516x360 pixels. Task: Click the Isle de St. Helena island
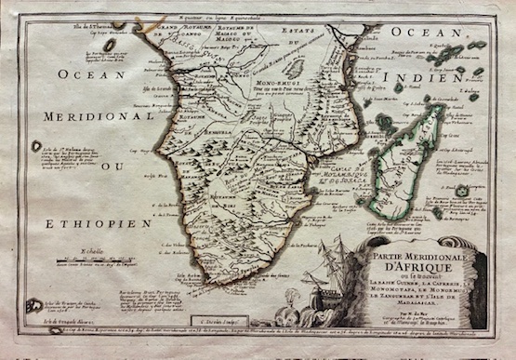pyautogui.click(x=36, y=146)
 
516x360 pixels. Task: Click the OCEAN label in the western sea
pyautogui.click(x=79, y=73)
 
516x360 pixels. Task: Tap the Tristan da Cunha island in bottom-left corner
pyautogui.click(x=34, y=304)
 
